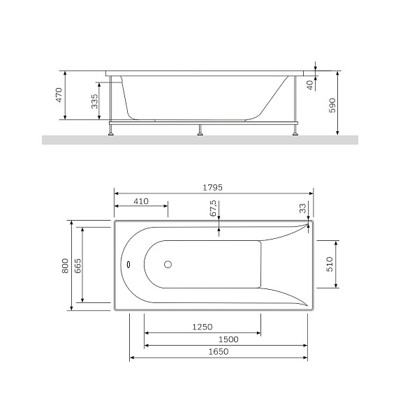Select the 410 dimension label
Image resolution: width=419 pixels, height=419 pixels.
[x=141, y=201]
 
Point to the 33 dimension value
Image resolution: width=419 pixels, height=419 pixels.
[x=302, y=208]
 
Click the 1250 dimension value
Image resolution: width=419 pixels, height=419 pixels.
[x=203, y=327]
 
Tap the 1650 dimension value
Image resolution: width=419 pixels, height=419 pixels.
[x=219, y=351]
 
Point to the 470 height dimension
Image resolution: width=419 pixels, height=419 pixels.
[x=59, y=94]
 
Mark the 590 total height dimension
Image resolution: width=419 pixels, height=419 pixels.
[x=332, y=105]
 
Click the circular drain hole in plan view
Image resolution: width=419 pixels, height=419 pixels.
[x=167, y=265]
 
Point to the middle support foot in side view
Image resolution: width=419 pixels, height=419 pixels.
[x=200, y=130]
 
